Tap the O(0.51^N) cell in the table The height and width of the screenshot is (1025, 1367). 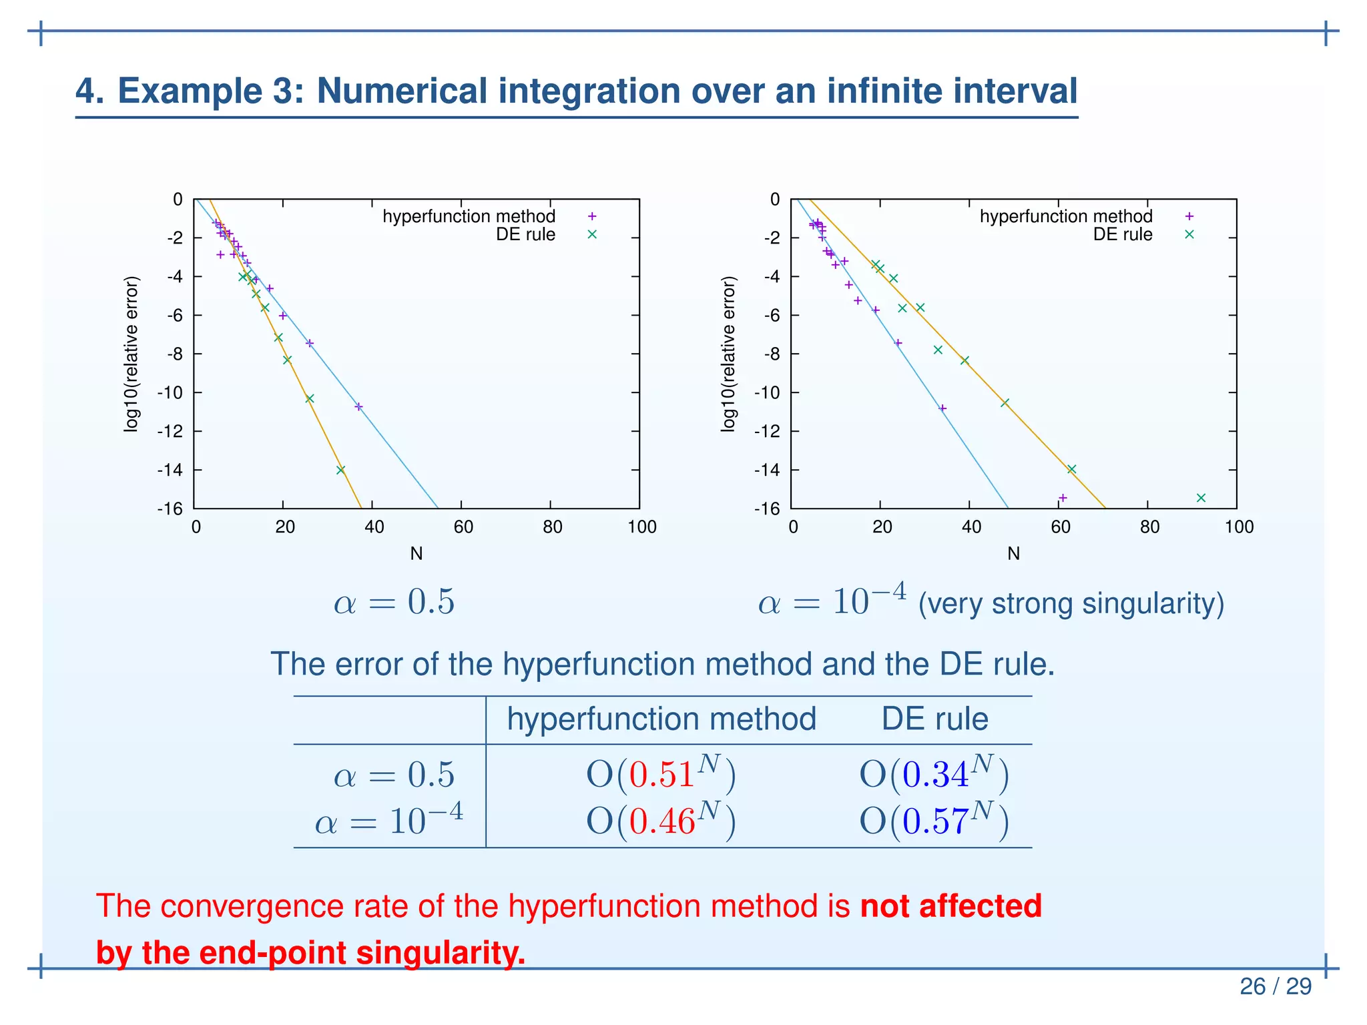[x=661, y=774]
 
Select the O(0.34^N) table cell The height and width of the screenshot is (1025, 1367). [x=934, y=774]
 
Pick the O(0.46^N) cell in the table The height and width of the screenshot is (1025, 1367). [x=661, y=820]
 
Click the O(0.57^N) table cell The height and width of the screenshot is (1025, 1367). [x=934, y=820]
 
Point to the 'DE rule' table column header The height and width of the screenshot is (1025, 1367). [x=934, y=719]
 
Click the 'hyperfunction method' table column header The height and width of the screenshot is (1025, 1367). [x=661, y=719]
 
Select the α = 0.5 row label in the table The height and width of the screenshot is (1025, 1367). [x=394, y=775]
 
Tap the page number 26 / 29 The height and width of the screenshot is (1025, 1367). [x=1276, y=986]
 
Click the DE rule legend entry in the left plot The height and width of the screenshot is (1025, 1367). [x=526, y=235]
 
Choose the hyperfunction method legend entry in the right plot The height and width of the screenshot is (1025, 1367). [x=1066, y=216]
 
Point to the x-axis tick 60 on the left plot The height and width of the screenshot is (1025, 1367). [x=463, y=527]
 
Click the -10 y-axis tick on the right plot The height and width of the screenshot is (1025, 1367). [x=768, y=392]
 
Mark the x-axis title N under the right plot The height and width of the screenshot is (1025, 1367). [x=1013, y=554]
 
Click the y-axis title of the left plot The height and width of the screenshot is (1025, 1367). [x=131, y=354]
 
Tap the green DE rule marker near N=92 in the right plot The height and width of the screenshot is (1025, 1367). [x=1201, y=498]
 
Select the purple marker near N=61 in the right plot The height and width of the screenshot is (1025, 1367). [x=1063, y=498]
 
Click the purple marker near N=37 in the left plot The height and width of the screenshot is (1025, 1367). [x=358, y=406]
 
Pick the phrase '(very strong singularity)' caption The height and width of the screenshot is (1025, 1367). [x=1071, y=603]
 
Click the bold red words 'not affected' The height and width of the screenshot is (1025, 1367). [x=951, y=906]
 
